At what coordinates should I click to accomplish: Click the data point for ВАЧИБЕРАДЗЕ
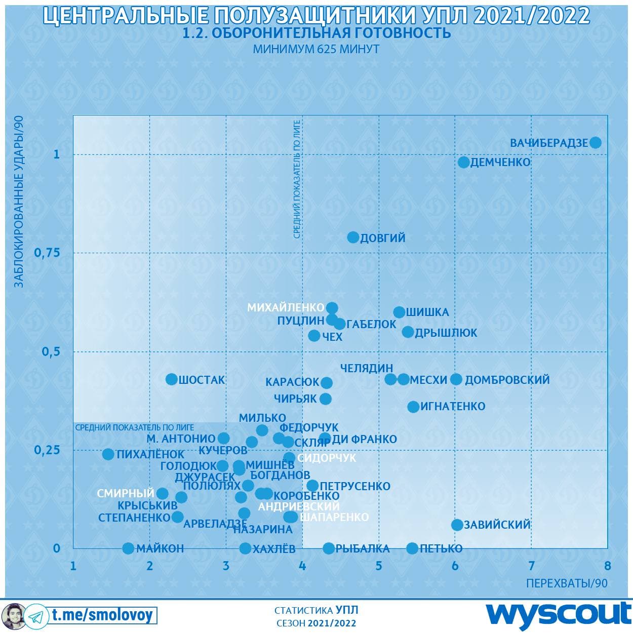[x=596, y=143]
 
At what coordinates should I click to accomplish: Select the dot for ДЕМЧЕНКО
[x=463, y=162]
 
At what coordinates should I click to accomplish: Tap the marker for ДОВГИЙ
[x=353, y=237]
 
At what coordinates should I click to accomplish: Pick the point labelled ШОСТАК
[x=172, y=379]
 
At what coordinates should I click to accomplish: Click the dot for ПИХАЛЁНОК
[x=108, y=454]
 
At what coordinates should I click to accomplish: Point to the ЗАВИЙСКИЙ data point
[x=457, y=525]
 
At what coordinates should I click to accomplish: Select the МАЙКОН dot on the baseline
[x=128, y=548]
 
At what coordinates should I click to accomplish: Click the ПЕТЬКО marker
[x=412, y=548]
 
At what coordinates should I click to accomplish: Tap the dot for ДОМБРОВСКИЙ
[x=456, y=379]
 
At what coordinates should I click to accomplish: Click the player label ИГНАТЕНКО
[x=453, y=406]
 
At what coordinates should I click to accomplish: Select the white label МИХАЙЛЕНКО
[x=286, y=307]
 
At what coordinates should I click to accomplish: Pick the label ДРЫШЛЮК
[x=446, y=333]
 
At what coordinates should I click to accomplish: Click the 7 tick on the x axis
[x=531, y=566]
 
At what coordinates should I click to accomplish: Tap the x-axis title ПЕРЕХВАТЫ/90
[x=567, y=583]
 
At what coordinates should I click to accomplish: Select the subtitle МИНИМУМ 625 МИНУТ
[x=316, y=49]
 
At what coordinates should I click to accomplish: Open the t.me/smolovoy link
[x=102, y=615]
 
